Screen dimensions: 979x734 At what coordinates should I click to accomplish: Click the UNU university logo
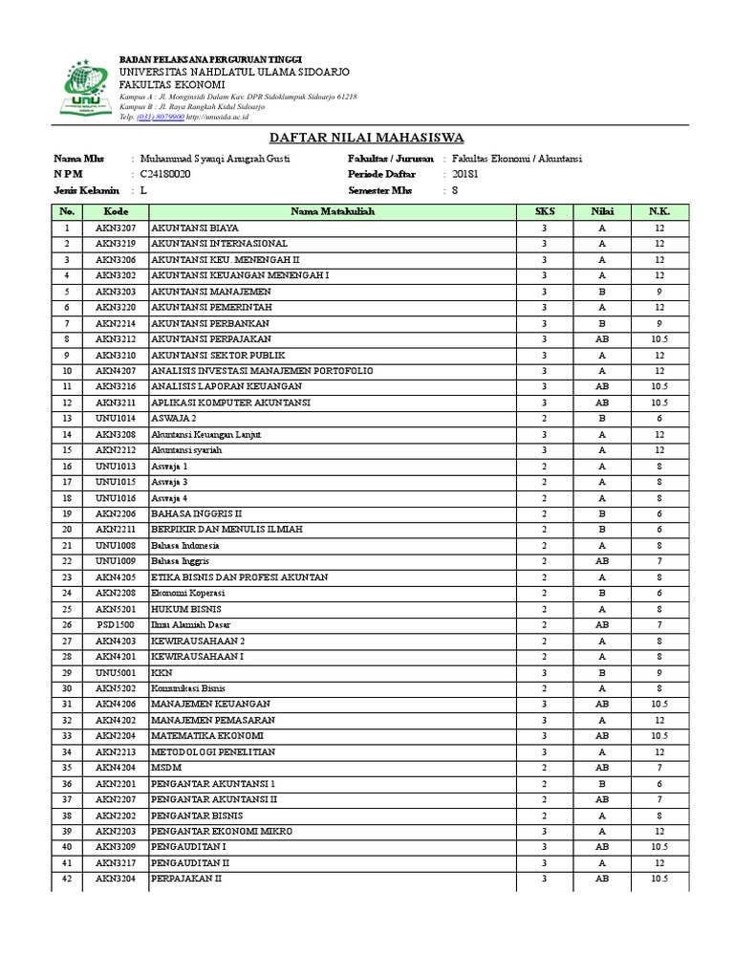(x=82, y=89)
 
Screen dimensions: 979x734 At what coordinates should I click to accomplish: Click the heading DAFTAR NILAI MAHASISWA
(x=368, y=137)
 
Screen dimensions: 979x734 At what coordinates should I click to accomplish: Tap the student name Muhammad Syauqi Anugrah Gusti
(x=215, y=159)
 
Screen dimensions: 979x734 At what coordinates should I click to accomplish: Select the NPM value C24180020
(x=165, y=175)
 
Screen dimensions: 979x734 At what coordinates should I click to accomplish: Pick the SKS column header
(x=544, y=211)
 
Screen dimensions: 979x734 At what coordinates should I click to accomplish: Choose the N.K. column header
(x=659, y=211)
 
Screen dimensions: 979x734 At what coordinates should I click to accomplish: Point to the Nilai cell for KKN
(x=602, y=672)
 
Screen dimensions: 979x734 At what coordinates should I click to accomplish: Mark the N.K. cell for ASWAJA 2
(x=659, y=418)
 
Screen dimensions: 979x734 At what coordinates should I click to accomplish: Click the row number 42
(x=67, y=879)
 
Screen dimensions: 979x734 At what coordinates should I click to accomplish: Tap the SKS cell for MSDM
(x=544, y=767)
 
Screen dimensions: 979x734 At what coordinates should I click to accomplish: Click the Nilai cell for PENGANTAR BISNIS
(x=602, y=816)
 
